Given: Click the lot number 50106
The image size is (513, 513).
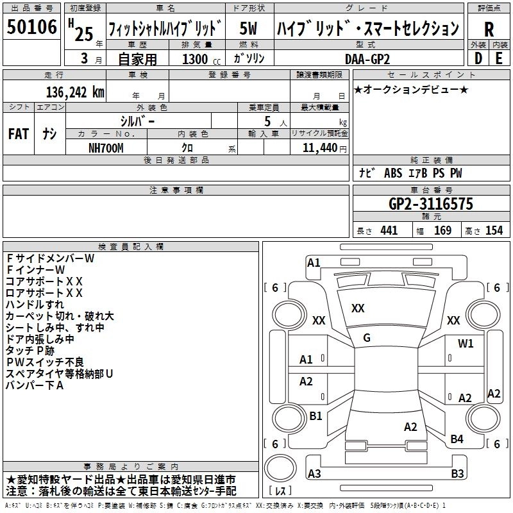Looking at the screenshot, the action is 31,27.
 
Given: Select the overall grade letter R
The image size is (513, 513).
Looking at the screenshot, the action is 489,29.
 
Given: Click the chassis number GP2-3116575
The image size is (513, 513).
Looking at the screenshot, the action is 431,205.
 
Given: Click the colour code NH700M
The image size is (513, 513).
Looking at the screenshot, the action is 106,147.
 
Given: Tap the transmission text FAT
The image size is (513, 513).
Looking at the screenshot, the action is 18,134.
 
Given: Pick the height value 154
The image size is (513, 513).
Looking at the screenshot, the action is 494,231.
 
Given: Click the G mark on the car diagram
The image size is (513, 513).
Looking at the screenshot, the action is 366,338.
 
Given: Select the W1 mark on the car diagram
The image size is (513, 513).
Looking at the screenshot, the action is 466,343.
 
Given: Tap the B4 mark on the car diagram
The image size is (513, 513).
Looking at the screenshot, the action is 457,439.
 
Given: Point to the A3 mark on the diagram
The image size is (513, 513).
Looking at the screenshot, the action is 314,474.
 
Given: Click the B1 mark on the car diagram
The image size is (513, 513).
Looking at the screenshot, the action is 315,416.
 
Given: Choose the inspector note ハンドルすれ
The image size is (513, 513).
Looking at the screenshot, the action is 35,304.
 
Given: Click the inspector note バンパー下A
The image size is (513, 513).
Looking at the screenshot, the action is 35,385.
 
